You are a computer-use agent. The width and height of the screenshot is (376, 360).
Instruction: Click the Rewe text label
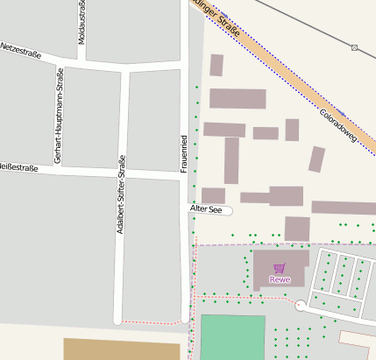pyautogui.click(x=280, y=280)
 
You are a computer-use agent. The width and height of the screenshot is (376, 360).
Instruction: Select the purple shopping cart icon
pyautogui.click(x=280, y=268)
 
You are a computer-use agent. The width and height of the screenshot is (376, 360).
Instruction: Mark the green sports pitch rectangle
pyautogui.click(x=232, y=337)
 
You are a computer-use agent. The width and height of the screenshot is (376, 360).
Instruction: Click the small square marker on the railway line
pyautogui.click(x=355, y=46)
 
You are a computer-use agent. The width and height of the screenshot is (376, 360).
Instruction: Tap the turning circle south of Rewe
pyautogui.click(x=301, y=306)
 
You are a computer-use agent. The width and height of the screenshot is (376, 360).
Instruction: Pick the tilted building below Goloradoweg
pyautogui.click(x=316, y=159)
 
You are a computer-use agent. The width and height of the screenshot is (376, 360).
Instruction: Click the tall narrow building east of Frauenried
pyautogui.click(x=231, y=160)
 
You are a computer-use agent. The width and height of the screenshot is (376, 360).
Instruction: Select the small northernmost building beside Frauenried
pyautogui.click(x=216, y=65)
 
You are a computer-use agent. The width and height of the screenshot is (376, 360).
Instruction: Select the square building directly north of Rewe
pyautogui.click(x=297, y=229)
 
